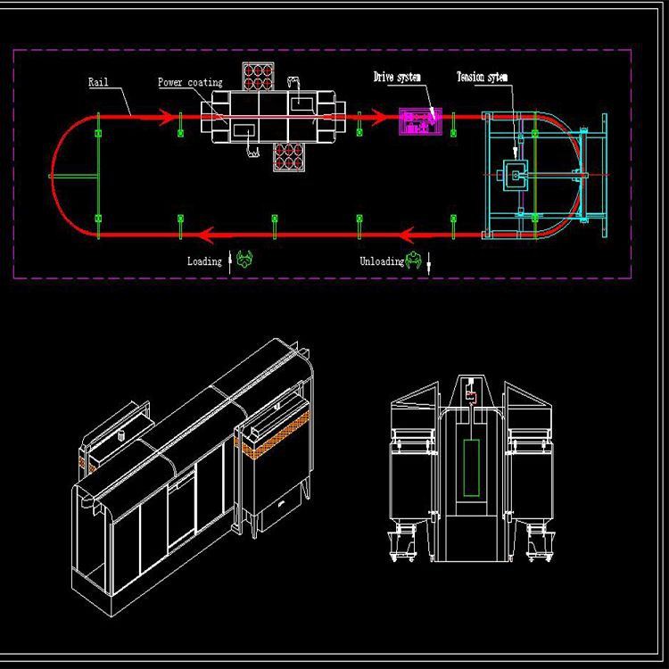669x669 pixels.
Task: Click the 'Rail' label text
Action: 98,82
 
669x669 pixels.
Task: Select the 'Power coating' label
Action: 190,82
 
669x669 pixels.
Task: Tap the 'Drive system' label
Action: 397,77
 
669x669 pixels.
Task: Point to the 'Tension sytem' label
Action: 482,77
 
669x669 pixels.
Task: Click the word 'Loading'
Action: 204,261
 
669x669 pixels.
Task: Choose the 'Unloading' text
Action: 382,261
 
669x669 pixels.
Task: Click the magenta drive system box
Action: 420,121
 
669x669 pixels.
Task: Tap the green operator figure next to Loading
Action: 244,259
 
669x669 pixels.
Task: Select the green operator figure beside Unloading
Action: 413,260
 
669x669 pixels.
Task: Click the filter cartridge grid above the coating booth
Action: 258,76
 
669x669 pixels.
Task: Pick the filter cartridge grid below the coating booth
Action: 289,157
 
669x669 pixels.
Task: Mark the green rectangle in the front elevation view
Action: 472,468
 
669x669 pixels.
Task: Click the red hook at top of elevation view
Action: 471,397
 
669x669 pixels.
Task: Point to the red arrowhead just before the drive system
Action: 379,117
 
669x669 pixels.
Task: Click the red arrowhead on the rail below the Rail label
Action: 167,117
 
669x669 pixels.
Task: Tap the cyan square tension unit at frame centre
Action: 516,175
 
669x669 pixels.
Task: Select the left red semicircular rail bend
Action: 53,175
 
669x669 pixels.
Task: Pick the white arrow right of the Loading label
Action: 230,261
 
